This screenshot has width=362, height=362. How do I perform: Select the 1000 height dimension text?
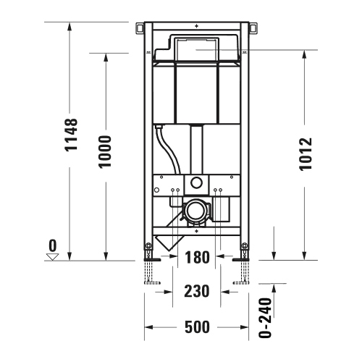[x=106, y=151]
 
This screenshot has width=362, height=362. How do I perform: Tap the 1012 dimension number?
[x=306, y=153]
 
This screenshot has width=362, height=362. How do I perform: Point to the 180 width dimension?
[x=195, y=257]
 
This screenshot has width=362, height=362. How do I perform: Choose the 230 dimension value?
[x=196, y=291]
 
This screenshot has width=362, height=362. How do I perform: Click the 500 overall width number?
[x=196, y=328]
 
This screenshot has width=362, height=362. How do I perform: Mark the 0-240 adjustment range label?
[x=266, y=319]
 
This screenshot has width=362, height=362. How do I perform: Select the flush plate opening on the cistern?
[x=196, y=50]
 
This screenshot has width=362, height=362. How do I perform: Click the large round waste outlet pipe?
[x=195, y=211]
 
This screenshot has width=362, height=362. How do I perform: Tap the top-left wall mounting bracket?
[x=140, y=28]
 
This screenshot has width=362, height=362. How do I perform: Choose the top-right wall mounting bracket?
[x=253, y=28]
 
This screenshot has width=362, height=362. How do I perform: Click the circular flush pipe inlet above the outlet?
[x=195, y=182]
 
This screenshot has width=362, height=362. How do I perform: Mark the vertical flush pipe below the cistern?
[x=195, y=149]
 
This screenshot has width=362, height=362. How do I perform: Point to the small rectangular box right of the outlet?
[x=222, y=210]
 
